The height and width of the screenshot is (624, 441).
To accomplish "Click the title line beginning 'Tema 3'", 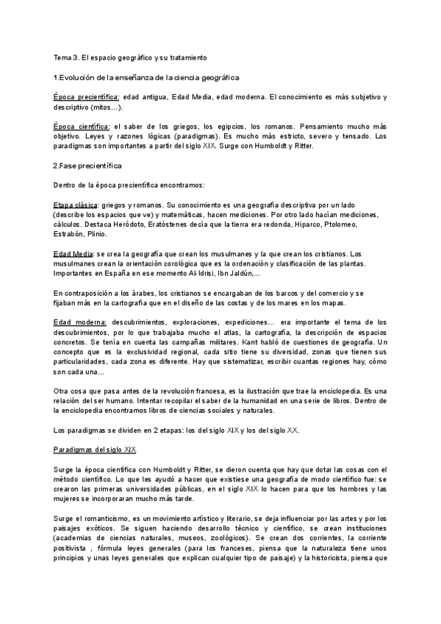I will tap(131, 57).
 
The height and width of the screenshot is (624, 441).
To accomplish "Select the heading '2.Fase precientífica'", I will tap(90, 166).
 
